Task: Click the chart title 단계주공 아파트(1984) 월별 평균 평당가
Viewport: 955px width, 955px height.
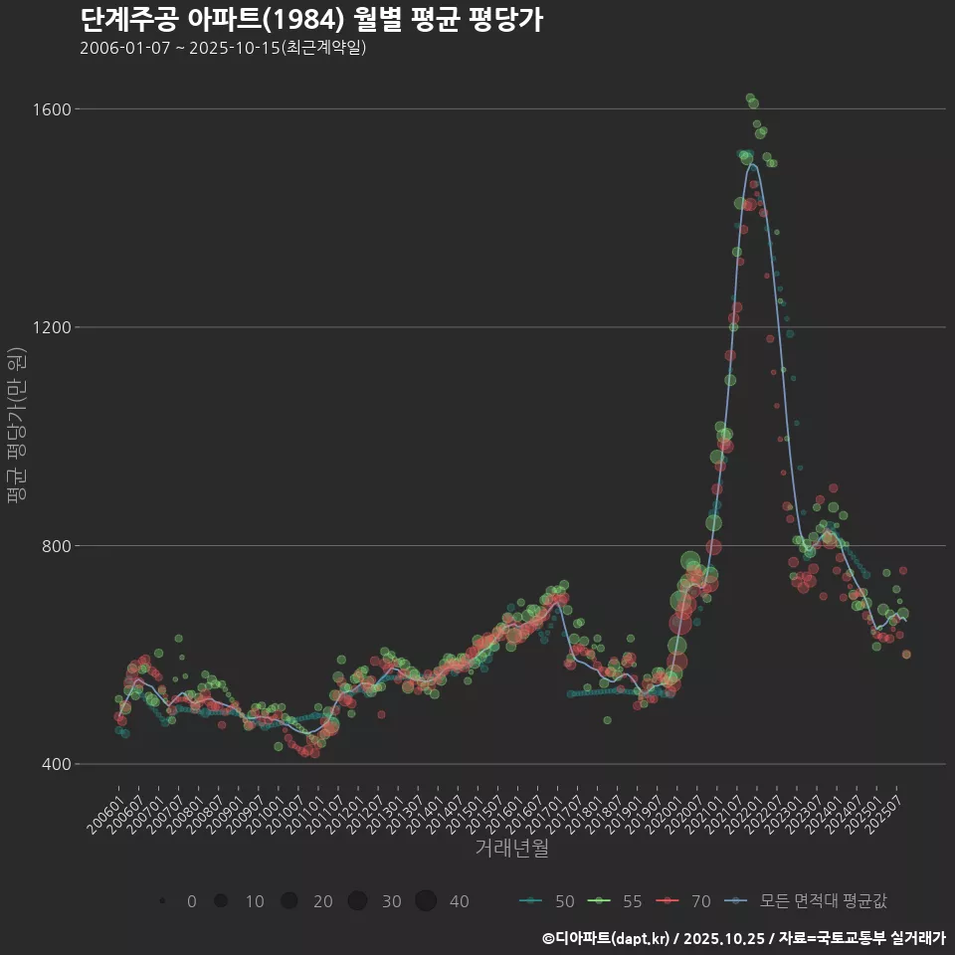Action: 310,20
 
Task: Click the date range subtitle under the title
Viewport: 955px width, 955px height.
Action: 223,48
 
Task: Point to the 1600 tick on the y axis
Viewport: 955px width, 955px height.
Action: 47,108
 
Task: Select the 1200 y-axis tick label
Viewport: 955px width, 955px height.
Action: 47,327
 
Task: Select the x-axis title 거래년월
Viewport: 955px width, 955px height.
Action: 511,848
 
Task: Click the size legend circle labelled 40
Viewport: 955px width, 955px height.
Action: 426,901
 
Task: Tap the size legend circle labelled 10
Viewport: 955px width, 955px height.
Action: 221,901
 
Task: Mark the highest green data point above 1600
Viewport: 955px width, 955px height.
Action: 750,97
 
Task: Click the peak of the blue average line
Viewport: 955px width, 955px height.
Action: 753,165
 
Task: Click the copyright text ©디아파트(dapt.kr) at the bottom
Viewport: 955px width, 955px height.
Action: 607,937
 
